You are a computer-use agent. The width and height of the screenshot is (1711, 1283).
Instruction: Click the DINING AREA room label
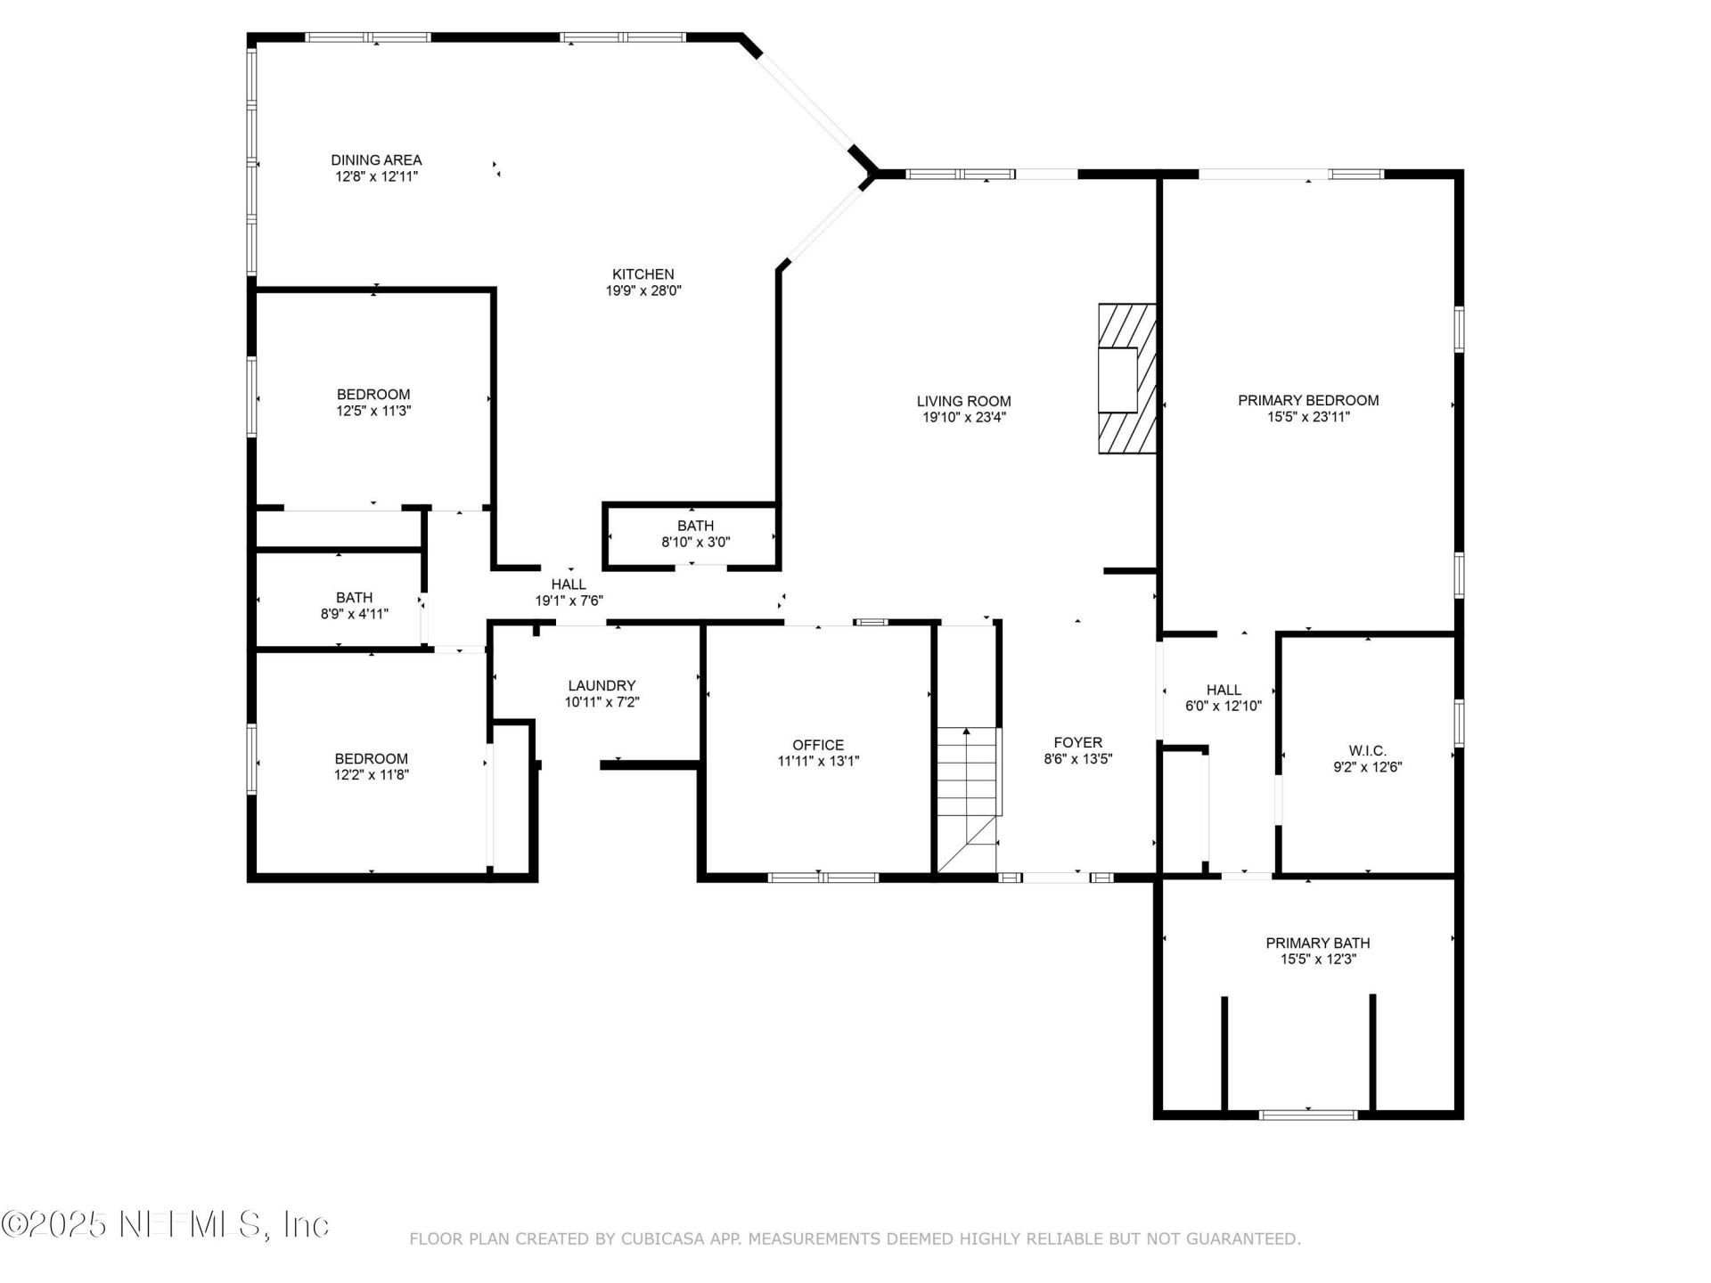point(376,160)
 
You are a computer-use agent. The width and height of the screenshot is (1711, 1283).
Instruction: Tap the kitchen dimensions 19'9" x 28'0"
point(643,290)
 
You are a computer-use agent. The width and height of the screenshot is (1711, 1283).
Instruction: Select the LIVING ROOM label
point(963,401)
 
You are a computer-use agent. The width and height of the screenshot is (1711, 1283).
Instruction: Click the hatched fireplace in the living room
point(1127,380)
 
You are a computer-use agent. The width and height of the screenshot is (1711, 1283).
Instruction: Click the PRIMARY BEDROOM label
point(1307,401)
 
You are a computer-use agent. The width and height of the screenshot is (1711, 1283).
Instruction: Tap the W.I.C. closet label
point(1367,751)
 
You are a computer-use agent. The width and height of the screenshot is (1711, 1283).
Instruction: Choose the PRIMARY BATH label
point(1317,943)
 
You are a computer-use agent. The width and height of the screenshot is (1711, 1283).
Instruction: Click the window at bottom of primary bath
point(1307,1114)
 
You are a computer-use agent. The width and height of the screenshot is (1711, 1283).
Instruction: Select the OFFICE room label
point(817,745)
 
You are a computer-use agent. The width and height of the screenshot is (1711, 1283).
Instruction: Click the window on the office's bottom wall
point(823,878)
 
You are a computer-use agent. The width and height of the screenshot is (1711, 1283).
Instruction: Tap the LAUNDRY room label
point(602,685)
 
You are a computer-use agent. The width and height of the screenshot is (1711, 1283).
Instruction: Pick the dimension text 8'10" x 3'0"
point(695,542)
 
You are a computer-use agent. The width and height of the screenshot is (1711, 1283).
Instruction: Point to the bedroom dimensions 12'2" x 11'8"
point(372,775)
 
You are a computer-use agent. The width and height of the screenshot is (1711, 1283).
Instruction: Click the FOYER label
point(1077,742)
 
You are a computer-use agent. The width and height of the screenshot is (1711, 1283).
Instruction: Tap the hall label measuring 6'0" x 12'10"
point(1223,690)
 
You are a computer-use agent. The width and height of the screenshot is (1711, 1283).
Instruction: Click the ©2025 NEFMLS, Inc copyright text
point(165,1224)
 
